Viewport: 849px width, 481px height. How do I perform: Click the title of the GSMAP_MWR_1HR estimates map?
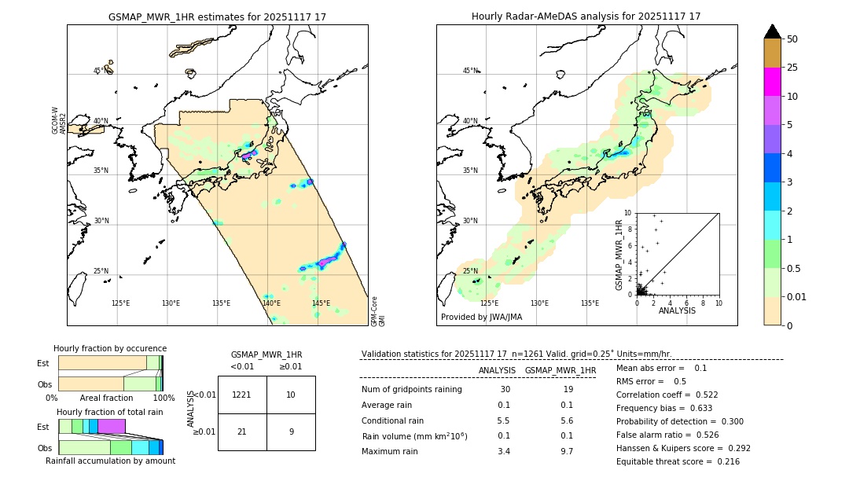pyautogui.click(x=217, y=17)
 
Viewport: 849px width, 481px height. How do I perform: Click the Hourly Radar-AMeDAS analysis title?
pyautogui.click(x=586, y=17)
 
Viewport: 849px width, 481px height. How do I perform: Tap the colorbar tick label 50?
pyautogui.click(x=792, y=39)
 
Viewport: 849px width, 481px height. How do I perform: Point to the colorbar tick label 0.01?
pyautogui.click(x=797, y=296)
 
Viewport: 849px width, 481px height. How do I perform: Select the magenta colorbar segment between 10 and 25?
pyautogui.click(x=773, y=82)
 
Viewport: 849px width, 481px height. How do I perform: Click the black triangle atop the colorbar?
pyautogui.click(x=773, y=31)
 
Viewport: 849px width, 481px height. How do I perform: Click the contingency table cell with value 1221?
pyautogui.click(x=242, y=395)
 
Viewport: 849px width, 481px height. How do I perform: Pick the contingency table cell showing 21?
pyautogui.click(x=242, y=431)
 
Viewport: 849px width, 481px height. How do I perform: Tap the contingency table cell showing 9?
pyautogui.click(x=291, y=431)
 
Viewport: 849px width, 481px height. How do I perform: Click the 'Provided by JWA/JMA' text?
pyautogui.click(x=481, y=318)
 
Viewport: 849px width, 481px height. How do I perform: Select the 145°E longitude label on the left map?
pyautogui.click(x=321, y=303)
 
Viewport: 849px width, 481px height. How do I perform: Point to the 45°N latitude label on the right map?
pyautogui.click(x=470, y=71)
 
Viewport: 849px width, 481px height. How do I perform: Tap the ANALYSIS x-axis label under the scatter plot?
pyautogui.click(x=677, y=311)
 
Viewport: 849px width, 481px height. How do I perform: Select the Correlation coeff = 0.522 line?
pyautogui.click(x=667, y=395)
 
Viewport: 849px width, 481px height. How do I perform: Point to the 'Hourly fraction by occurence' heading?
pyautogui.click(x=110, y=348)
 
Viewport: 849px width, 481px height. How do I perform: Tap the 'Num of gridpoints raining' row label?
pyautogui.click(x=412, y=390)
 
